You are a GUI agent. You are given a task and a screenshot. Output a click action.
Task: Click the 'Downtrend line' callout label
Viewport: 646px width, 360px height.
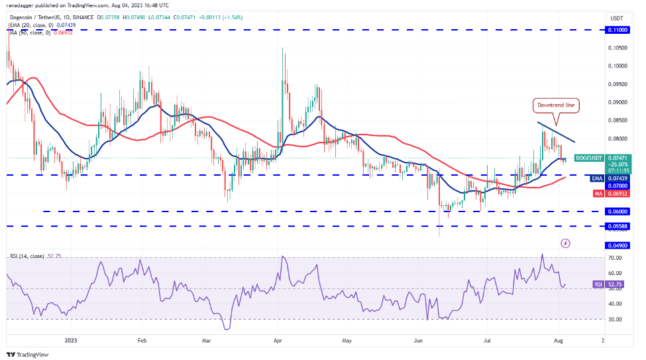[556, 105]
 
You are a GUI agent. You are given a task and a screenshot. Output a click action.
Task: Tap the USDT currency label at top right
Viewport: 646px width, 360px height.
[617, 19]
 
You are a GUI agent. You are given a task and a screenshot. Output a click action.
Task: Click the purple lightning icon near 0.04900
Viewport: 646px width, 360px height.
[565, 244]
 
